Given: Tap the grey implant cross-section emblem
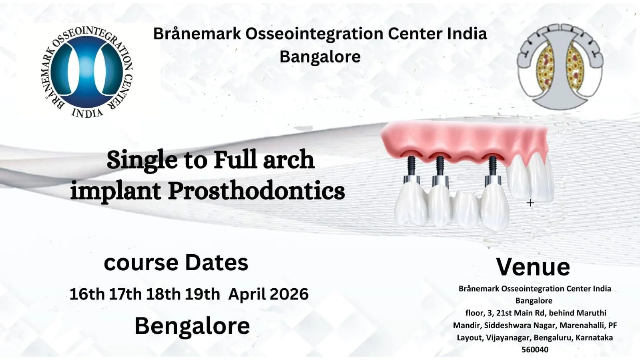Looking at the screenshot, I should (x=560, y=67).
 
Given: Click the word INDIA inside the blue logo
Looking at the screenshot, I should (x=87, y=113).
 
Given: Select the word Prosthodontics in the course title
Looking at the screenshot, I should (x=256, y=191).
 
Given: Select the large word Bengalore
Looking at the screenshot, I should (x=192, y=326).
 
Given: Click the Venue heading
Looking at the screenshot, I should (x=533, y=267).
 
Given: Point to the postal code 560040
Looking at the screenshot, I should (x=535, y=350).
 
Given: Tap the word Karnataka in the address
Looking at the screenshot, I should (x=594, y=338).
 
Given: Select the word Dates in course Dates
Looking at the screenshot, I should (x=217, y=263).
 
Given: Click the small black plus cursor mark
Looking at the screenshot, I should (x=530, y=203).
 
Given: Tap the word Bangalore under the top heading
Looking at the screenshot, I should (x=320, y=56).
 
